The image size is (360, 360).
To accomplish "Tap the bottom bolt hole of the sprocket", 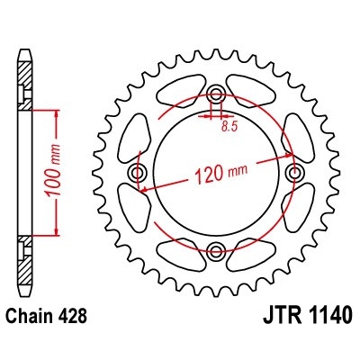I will (x=216, y=249).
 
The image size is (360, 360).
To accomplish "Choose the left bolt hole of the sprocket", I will (x=139, y=172).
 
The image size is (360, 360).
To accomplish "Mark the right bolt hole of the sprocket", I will (x=293, y=172).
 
